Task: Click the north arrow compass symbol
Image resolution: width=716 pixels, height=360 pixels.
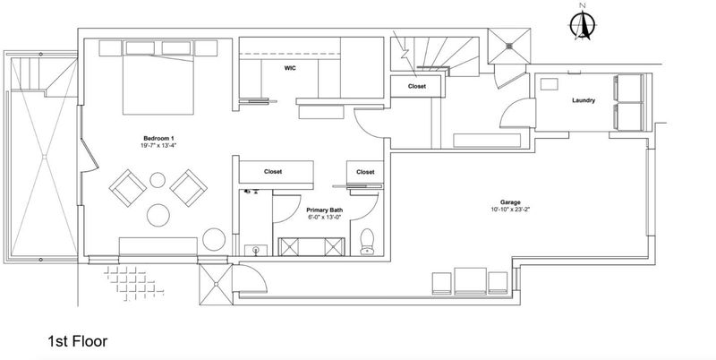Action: (583, 23)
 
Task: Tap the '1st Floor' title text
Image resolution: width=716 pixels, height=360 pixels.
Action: (78, 341)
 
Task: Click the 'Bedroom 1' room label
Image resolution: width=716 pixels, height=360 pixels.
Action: (158, 139)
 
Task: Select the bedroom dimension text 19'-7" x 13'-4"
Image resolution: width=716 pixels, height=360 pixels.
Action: (158, 146)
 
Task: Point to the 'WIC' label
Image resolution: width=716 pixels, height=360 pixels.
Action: (290, 69)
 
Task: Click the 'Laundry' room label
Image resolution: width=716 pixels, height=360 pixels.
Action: (584, 100)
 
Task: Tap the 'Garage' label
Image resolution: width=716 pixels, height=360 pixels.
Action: (510, 202)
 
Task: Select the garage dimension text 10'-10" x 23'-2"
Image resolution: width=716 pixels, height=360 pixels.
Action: (510, 210)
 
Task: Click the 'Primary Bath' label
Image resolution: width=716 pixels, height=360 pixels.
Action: (325, 210)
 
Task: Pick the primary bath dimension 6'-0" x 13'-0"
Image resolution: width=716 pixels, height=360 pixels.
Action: (325, 218)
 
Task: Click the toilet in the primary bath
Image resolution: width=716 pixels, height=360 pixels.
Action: (367, 242)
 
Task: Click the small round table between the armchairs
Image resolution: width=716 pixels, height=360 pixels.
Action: (158, 180)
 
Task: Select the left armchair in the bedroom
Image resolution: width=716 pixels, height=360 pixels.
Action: (128, 188)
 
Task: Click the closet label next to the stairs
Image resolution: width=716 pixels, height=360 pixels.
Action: (417, 86)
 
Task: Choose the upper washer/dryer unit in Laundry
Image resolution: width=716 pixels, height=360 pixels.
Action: (629, 88)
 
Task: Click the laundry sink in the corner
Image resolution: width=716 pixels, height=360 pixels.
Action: (550, 84)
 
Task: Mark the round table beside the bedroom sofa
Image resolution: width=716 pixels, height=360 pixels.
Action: (214, 239)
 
